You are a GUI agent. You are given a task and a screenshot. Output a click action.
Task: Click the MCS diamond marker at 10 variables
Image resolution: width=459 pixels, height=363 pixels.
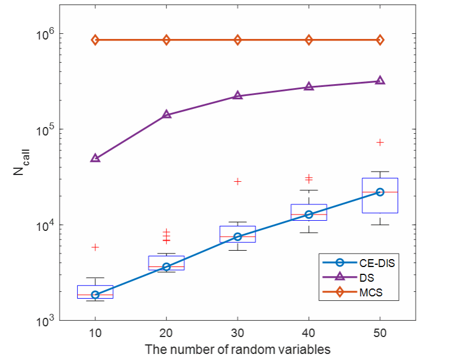point(95,40)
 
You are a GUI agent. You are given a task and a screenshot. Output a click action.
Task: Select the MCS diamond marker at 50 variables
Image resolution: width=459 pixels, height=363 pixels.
point(380,40)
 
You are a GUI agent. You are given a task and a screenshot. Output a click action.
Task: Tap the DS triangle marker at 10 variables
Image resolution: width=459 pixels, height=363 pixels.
point(95,158)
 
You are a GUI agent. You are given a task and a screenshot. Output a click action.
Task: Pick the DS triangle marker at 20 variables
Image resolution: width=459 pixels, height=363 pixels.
point(166,115)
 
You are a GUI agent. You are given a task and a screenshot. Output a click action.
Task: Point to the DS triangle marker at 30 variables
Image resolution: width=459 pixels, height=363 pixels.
point(237,95)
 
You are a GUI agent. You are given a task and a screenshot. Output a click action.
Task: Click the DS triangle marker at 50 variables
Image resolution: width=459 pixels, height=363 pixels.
point(380,81)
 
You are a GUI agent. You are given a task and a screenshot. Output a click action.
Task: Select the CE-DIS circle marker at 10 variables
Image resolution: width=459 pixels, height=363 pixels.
point(95,295)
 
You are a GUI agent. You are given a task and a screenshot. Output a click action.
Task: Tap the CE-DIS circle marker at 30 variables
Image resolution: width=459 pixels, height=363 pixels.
point(237,237)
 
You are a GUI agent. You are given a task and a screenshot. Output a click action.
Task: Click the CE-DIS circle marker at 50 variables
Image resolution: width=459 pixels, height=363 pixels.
point(380,192)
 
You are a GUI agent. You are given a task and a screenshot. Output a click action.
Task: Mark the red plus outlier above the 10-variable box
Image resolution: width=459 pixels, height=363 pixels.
point(95,247)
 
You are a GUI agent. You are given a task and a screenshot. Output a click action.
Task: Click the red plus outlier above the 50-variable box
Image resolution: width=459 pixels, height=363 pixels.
point(380,142)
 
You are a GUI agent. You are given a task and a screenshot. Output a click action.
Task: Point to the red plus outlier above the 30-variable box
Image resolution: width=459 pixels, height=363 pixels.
point(237,181)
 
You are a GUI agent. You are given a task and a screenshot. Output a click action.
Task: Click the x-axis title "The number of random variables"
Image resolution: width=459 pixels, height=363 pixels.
point(237,349)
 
